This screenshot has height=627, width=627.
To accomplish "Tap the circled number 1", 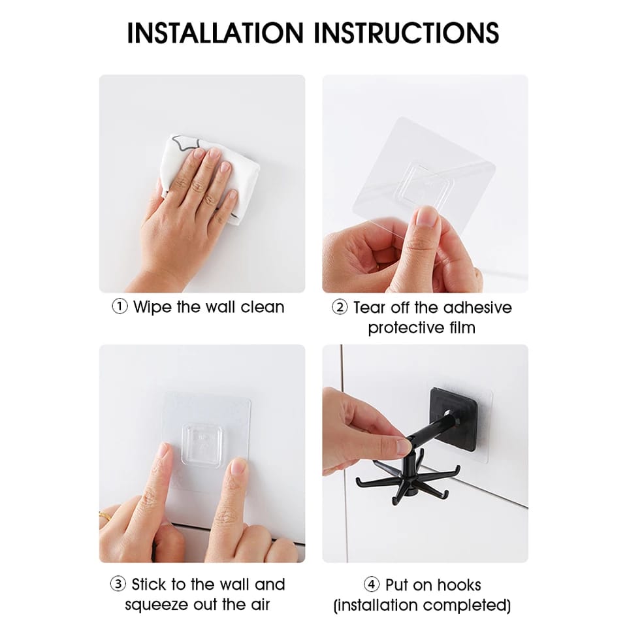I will (120, 307).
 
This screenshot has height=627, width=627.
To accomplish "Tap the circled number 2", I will (340, 308).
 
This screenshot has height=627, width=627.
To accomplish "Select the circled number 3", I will (118, 584).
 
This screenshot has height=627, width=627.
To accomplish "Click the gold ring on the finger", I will (105, 518).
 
